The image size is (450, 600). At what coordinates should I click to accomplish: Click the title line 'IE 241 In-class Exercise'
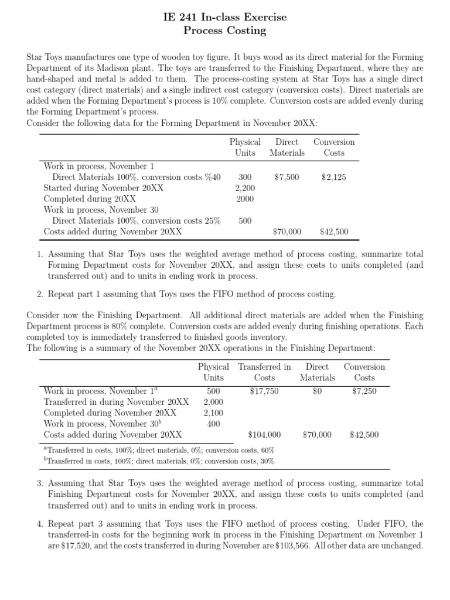[x=225, y=18]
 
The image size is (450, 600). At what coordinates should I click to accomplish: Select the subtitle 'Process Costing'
[x=225, y=31]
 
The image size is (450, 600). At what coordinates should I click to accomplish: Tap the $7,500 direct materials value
[x=287, y=177]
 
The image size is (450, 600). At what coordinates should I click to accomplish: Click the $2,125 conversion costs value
[x=333, y=177]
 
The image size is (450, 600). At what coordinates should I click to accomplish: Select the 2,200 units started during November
[x=245, y=188]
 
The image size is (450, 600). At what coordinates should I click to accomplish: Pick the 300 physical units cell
[x=245, y=177]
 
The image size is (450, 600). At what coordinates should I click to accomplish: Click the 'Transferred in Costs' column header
[x=264, y=372]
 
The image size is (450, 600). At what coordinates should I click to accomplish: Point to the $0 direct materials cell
[x=317, y=391]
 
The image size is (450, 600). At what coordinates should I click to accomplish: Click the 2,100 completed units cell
[x=213, y=413]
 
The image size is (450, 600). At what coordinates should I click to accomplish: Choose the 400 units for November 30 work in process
[x=213, y=424]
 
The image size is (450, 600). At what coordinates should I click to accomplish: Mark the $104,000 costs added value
[x=264, y=435]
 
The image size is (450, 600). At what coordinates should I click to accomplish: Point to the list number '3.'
[x=40, y=484]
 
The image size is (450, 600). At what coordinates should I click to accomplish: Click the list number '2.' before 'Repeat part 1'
[x=40, y=294]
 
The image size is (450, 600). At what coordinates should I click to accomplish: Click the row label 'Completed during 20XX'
[x=90, y=199]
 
